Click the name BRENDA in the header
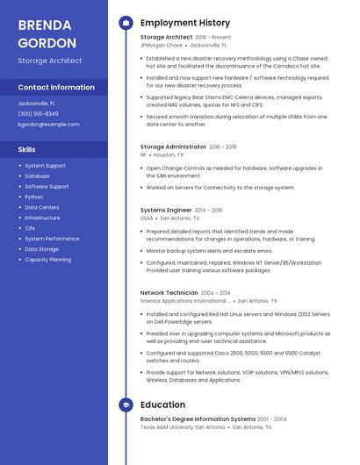(45, 25)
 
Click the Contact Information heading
(56, 88)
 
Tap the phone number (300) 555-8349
(38, 114)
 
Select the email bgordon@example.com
(48, 125)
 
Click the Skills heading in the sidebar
(26, 150)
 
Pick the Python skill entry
(34, 197)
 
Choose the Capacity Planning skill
(48, 260)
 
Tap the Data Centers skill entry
(42, 207)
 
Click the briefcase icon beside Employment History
(126, 23)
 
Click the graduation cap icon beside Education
(126, 405)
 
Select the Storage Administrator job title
(173, 147)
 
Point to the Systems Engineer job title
(166, 211)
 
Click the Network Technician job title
(169, 292)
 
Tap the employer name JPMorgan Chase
(162, 45)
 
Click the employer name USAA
(148, 218)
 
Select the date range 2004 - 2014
(216, 293)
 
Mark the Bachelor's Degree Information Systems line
(198, 419)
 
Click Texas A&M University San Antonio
(183, 427)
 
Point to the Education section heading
(162, 405)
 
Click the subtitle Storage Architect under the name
(50, 61)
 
